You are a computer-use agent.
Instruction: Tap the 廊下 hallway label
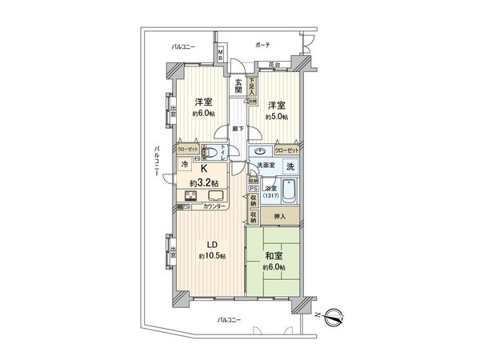(238, 128)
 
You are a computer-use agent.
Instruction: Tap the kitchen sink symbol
(216, 198)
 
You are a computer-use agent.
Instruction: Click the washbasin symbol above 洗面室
(262, 150)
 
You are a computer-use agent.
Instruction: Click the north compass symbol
(337, 316)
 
